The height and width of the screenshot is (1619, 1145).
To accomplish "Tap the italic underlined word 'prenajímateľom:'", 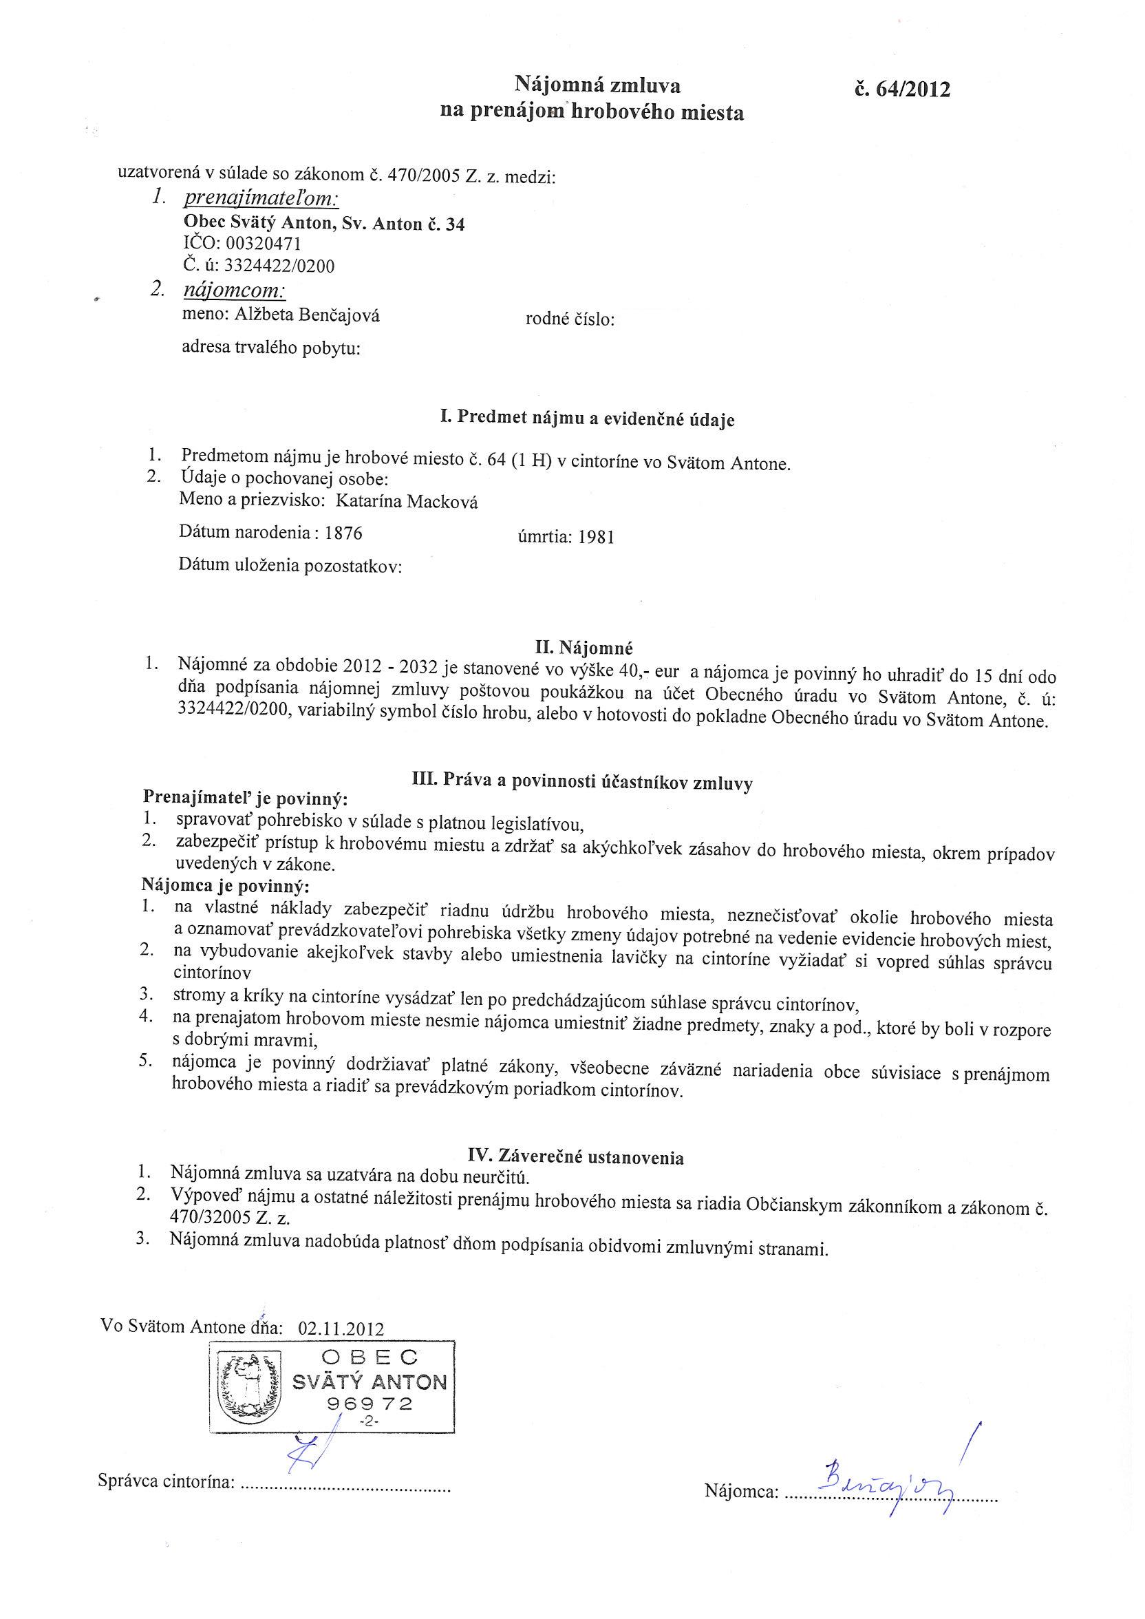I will [261, 199].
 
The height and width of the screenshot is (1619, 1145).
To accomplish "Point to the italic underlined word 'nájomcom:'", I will [234, 290].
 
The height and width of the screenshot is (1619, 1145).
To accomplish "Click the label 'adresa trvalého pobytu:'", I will [270, 348].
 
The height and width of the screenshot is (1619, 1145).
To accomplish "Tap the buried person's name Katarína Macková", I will [406, 502].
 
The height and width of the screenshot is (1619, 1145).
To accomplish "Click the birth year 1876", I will [343, 533].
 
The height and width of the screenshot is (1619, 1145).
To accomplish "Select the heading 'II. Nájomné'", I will [584, 646].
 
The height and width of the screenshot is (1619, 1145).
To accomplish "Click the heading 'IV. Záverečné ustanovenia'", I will [576, 1156].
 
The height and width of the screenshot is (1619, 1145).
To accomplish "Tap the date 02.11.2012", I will [341, 1329].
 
